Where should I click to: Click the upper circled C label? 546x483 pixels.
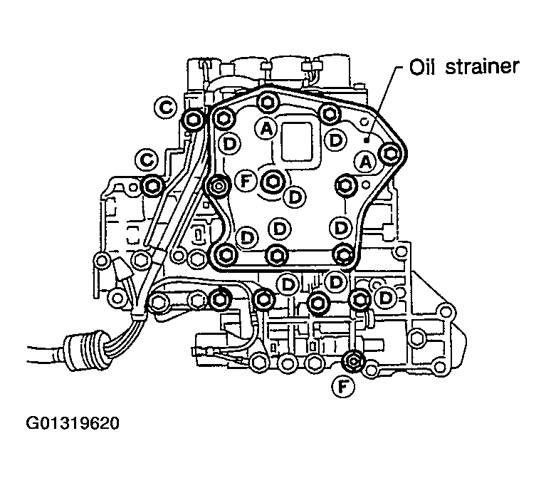[164, 108]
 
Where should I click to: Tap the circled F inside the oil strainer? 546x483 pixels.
[246, 182]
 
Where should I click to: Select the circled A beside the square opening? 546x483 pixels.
[266, 128]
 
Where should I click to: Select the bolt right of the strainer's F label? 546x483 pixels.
[272, 182]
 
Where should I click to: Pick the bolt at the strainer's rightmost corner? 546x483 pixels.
[389, 153]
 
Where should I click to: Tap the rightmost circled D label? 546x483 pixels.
[385, 296]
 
